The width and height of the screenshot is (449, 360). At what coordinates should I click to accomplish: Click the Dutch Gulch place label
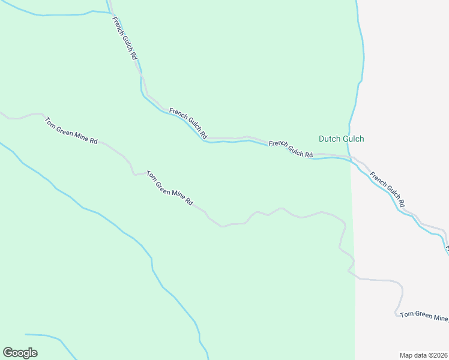tap(341, 139)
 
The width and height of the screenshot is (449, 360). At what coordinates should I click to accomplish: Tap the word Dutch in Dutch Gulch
tap(329, 139)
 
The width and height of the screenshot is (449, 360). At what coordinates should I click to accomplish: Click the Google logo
tap(20, 353)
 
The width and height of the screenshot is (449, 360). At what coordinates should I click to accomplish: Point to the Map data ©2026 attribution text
tap(424, 355)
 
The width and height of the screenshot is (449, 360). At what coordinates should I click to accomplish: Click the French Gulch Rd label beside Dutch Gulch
tap(291, 149)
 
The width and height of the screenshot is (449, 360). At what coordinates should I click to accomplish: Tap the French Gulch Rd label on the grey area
tap(387, 190)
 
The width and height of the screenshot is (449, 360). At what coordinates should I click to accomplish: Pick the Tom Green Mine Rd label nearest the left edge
tap(71, 130)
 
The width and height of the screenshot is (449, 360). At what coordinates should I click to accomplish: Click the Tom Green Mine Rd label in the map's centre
tap(170, 188)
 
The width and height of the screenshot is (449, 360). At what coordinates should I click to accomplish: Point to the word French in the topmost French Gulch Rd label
tap(117, 25)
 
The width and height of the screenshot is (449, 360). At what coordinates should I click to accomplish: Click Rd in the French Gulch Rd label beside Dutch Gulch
tap(309, 155)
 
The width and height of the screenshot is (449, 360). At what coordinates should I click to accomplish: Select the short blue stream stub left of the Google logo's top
tap(36, 335)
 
